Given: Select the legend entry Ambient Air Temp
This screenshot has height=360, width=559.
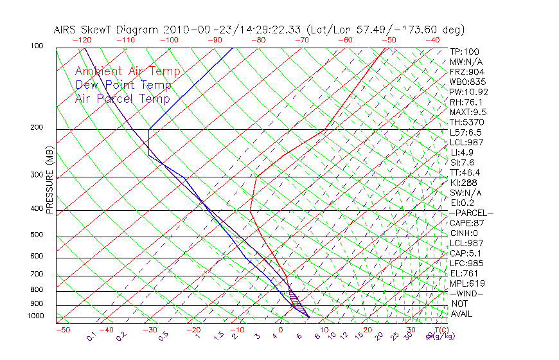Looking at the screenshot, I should pyautogui.click(x=127, y=72).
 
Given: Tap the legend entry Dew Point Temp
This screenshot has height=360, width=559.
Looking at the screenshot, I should pyautogui.click(x=123, y=85).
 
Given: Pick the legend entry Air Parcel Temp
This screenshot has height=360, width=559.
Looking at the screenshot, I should pyautogui.click(x=123, y=99).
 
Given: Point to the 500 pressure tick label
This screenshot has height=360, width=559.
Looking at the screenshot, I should pyautogui.click(x=36, y=235).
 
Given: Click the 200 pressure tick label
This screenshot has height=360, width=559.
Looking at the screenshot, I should pyautogui.click(x=36, y=128).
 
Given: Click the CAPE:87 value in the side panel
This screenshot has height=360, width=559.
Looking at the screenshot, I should pyautogui.click(x=466, y=223).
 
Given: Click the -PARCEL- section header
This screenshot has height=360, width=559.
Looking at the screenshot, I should pyautogui.click(x=471, y=213).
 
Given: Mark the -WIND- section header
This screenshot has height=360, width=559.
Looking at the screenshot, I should pyautogui.click(x=466, y=293).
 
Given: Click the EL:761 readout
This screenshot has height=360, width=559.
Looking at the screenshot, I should pyautogui.click(x=463, y=273).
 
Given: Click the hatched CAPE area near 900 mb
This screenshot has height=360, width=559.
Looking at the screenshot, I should pyautogui.click(x=295, y=299).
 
